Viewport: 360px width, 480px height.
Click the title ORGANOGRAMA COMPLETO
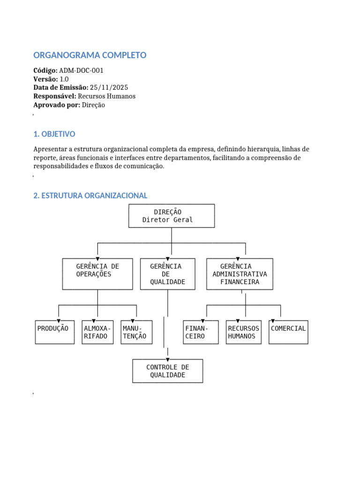pos(90,55)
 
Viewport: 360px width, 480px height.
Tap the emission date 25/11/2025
pos(109,88)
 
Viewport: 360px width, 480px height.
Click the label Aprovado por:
pos(57,105)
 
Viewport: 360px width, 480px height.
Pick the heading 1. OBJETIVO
pos(54,134)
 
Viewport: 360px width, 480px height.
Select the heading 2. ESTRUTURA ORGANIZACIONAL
pos(90,195)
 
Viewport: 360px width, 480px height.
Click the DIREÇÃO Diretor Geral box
pos(172,216)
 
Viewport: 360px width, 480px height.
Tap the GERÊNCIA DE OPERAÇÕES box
pos(97,274)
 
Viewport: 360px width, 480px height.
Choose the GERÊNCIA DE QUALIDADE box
pos(167,274)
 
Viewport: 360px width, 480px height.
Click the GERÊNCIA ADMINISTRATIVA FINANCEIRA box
pos(240,274)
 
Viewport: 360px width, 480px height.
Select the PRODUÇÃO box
pos(55,332)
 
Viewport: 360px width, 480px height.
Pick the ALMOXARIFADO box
pos(97,332)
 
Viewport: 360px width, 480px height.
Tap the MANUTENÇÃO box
pos(136,332)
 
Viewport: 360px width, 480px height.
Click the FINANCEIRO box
pos(201,332)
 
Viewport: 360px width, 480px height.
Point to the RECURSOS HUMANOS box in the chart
pos(244,332)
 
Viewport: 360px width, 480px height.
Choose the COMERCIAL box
pos(288,332)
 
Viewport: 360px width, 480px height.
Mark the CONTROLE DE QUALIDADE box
pos(168,371)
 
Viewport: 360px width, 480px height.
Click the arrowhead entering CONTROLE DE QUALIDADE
pos(168,360)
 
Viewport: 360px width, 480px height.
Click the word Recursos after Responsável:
pos(91,96)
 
